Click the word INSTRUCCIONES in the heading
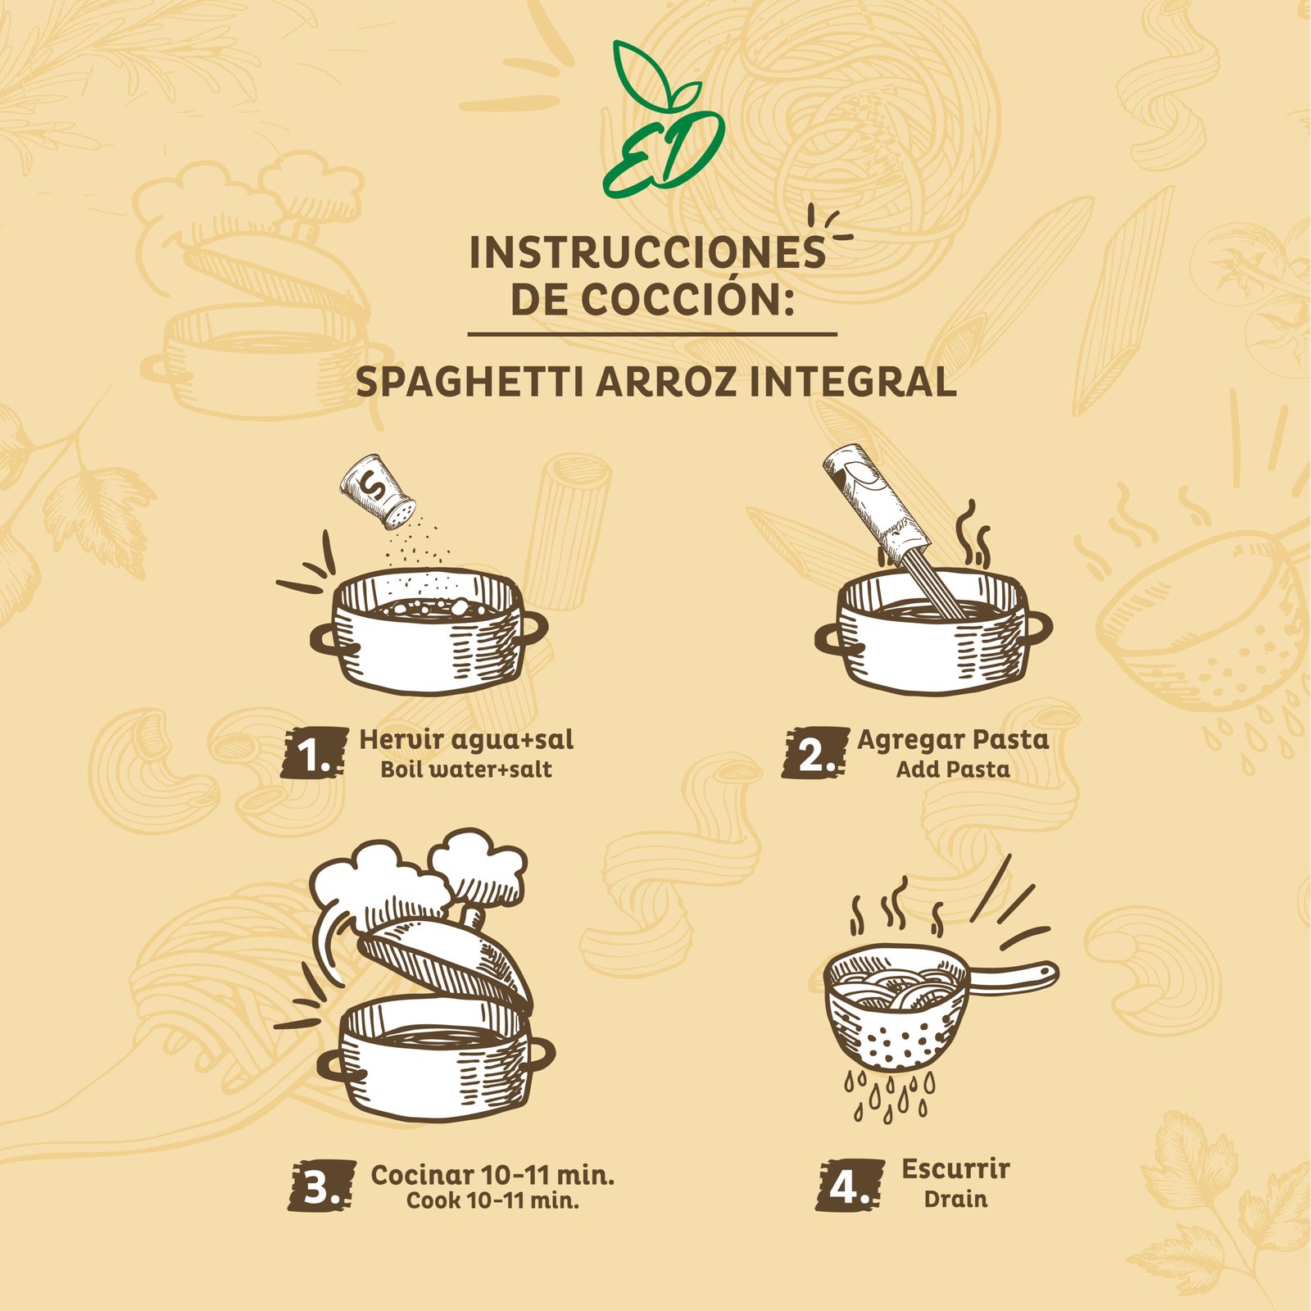647,253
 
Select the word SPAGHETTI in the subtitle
470,382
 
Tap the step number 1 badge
314,753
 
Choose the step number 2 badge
815,753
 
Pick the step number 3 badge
321,1186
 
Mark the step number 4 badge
850,1186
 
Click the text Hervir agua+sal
466,740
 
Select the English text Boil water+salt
466,769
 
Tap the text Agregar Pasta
953,740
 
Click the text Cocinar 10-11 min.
492,1175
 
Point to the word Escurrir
955,1169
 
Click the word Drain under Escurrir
955,1200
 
